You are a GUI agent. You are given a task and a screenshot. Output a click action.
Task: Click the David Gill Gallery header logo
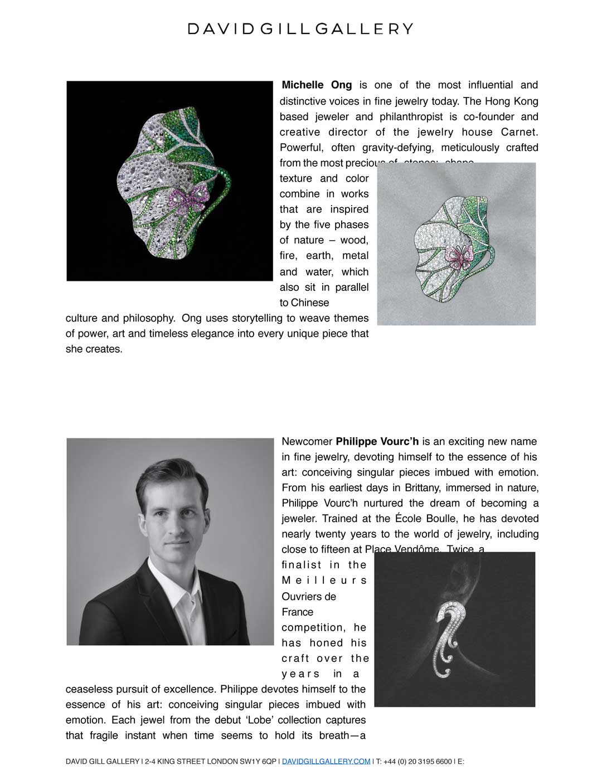tap(300, 29)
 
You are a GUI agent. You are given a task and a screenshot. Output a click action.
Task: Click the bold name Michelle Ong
tap(317, 85)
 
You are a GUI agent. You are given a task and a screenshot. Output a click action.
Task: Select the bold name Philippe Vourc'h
tap(377, 442)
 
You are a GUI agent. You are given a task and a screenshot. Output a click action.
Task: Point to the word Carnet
tap(519, 132)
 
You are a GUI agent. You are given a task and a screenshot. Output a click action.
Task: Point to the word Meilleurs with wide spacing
tap(324, 581)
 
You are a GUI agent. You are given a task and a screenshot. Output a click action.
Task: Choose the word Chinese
tap(310, 303)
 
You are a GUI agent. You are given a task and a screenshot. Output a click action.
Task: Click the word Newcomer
tap(307, 442)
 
